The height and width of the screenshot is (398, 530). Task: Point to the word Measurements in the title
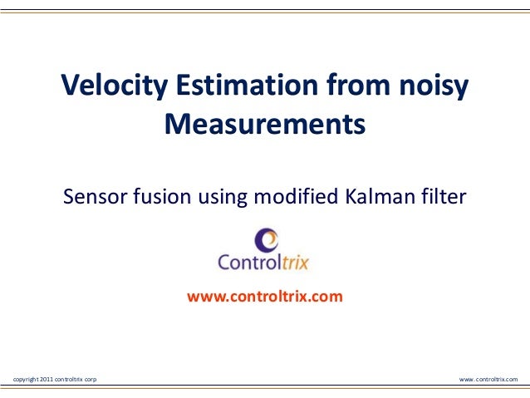[264, 125]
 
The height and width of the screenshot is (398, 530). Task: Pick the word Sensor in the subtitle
[93, 198]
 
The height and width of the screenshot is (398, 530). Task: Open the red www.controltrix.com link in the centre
[264, 295]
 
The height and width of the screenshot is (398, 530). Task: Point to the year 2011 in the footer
[42, 379]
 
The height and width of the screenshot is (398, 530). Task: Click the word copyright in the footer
[22, 379]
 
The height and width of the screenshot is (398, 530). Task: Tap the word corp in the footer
[89, 379]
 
